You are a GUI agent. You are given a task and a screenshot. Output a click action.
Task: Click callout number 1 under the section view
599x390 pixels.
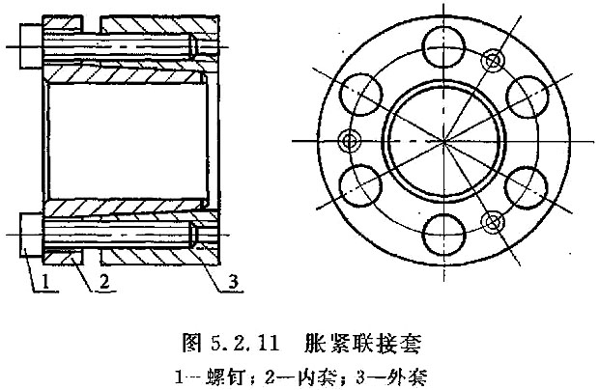[45, 282]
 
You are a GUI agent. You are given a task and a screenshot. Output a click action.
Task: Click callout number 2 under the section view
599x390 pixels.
[104, 282]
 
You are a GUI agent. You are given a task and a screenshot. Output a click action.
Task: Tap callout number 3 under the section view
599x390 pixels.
[233, 282]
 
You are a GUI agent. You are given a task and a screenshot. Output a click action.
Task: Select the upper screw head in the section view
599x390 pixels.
[31, 45]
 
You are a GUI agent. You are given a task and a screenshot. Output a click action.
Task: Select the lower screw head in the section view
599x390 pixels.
[31, 235]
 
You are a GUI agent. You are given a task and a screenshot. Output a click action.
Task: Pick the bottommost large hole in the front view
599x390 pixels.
[443, 235]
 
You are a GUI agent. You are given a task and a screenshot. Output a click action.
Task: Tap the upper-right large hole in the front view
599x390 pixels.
[527, 97]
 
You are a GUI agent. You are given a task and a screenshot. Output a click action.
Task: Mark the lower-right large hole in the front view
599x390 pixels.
[526, 187]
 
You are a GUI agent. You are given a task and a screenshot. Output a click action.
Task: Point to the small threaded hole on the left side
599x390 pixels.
[349, 141]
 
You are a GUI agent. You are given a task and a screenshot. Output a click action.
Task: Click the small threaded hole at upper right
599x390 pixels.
[492, 59]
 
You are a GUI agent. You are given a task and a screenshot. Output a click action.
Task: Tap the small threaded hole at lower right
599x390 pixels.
[492, 222]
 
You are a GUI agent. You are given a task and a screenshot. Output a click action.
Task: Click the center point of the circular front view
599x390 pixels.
[443, 141]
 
